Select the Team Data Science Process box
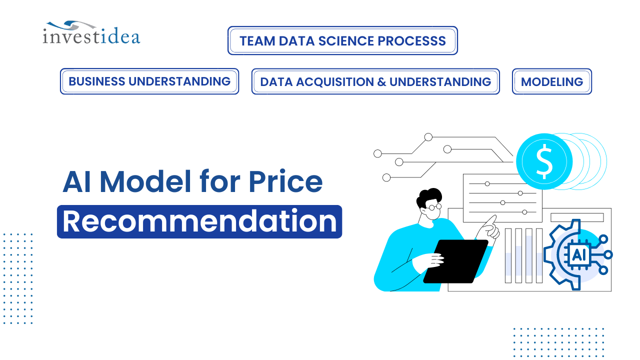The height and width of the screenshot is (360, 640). [342, 40]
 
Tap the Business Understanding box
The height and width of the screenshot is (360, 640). [149, 81]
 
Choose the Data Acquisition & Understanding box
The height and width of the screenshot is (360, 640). [375, 81]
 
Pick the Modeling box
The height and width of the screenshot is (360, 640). [551, 81]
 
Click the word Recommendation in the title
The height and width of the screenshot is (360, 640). [199, 221]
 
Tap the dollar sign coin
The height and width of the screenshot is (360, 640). [544, 161]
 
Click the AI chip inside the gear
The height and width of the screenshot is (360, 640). [579, 254]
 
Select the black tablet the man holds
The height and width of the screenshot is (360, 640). [456, 261]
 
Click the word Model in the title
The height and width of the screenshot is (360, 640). [145, 182]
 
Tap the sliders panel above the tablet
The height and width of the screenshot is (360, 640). [502, 198]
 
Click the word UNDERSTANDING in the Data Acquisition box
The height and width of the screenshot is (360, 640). [440, 81]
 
